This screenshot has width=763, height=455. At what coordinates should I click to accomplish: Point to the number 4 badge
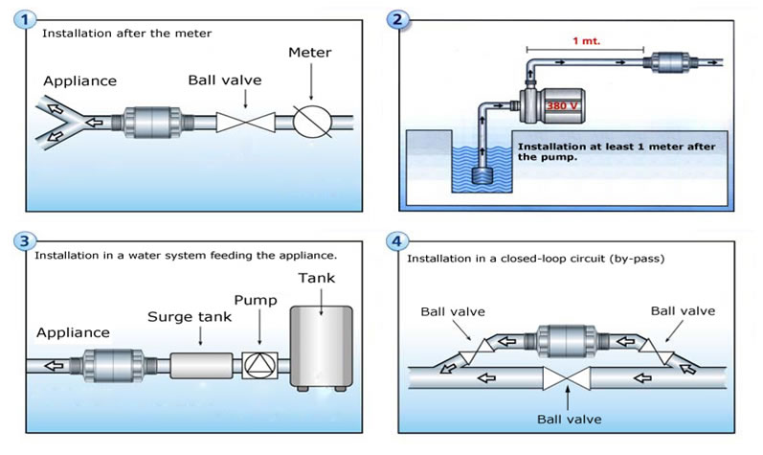[x=398, y=241]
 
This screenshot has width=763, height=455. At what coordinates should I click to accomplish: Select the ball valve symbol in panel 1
[x=244, y=122]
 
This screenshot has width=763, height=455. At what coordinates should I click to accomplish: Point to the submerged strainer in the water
[x=483, y=177]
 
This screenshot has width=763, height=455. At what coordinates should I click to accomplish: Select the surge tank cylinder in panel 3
[x=201, y=365]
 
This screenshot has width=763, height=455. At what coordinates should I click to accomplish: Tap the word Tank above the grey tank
[x=319, y=279]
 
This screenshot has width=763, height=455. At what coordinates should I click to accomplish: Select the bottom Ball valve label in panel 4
[x=569, y=419]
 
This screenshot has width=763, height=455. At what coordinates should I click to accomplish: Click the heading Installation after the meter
[x=126, y=34]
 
